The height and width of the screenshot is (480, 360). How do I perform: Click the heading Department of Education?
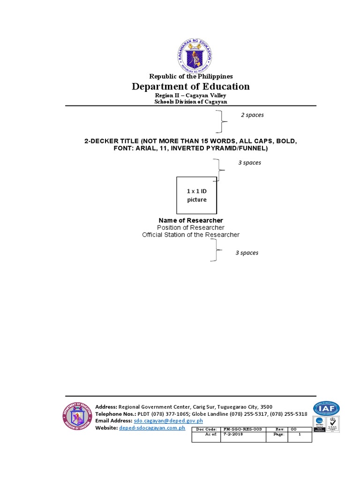(x=190, y=86)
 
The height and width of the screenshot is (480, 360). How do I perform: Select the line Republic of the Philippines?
(x=191, y=76)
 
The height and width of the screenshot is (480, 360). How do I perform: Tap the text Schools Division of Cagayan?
(x=191, y=102)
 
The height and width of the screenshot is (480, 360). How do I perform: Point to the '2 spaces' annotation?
(x=252, y=115)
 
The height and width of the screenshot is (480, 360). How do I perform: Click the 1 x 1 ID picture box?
(x=197, y=195)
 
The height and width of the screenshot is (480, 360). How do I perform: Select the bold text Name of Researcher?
(x=191, y=220)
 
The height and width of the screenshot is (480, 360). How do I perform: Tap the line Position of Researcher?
(x=191, y=227)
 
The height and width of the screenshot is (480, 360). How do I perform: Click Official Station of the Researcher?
(x=191, y=234)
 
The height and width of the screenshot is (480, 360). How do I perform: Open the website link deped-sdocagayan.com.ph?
(x=152, y=428)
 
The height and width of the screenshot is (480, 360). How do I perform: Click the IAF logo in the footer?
(x=327, y=408)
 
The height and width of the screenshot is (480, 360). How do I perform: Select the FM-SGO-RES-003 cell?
(x=243, y=429)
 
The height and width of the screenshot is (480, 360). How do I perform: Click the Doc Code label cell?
(x=206, y=429)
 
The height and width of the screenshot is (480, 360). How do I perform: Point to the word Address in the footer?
(x=105, y=407)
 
